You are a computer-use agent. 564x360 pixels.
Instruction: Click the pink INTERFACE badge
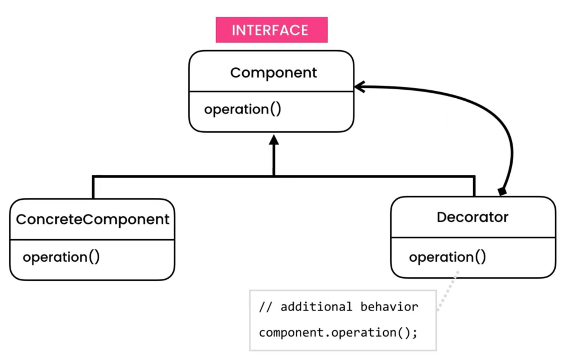271,30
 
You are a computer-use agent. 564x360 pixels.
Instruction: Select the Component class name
273,73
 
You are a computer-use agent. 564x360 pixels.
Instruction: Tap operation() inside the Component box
242,109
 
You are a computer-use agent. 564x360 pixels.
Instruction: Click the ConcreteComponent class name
93,219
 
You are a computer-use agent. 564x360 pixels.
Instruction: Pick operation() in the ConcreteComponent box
61,257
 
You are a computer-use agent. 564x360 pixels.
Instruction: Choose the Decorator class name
472,217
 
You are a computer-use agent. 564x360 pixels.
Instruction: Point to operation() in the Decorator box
447,257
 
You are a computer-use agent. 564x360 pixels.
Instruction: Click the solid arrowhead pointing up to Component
274,140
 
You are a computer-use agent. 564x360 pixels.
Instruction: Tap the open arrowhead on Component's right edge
359,87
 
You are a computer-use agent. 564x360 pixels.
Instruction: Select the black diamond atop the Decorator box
502,191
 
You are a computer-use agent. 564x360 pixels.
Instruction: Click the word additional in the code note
316,307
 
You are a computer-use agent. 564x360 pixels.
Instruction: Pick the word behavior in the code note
389,307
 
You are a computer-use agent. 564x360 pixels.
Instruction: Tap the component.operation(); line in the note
338,333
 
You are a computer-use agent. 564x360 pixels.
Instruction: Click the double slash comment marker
265,307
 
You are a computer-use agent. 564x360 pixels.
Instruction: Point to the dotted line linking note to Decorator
448,291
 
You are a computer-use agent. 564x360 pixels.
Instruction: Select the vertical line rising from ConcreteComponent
93,187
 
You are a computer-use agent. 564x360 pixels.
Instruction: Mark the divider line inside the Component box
271,91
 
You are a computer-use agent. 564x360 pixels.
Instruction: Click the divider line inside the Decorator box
473,237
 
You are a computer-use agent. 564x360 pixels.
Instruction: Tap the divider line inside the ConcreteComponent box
92,239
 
